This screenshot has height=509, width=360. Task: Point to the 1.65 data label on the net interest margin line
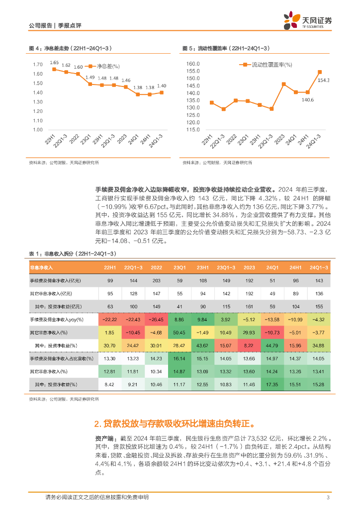(x=54, y=63)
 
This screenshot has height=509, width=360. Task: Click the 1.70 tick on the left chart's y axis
(x=38, y=65)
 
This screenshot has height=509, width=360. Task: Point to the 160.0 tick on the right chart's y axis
(x=192, y=64)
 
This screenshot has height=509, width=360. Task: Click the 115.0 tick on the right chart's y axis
(x=192, y=130)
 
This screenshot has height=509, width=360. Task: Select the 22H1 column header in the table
(x=110, y=267)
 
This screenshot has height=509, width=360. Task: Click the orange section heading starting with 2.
(x=175, y=424)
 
